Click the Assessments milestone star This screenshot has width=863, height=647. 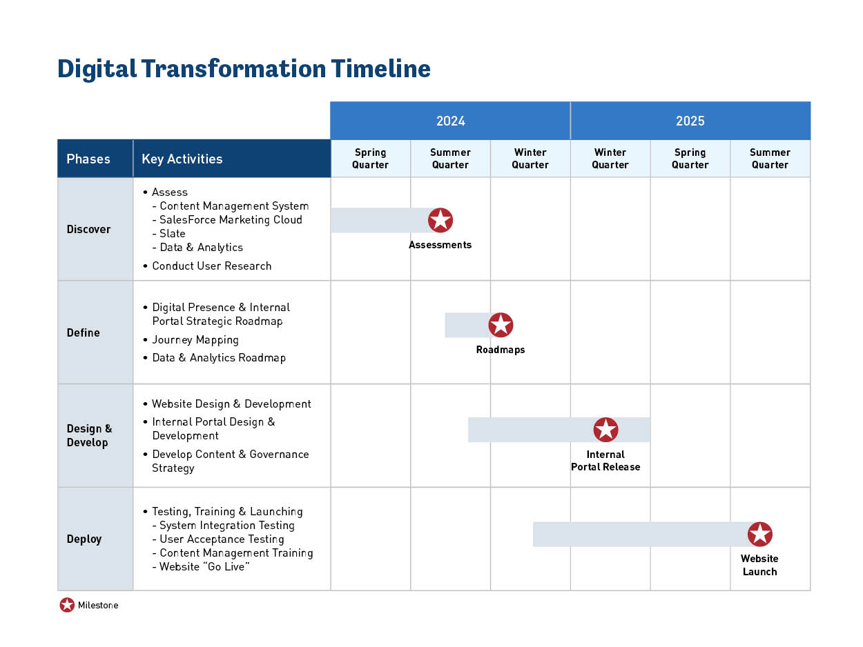coord(440,220)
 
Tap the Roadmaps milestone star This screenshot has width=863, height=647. coord(501,325)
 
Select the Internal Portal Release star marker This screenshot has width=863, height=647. coord(605,430)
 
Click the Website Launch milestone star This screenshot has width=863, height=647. coord(759,534)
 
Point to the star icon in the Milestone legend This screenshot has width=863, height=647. coord(67,605)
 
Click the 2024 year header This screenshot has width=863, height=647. coord(450,121)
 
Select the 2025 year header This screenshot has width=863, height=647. coord(690,121)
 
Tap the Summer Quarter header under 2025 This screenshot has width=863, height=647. coord(770,159)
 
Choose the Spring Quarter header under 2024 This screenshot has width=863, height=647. coord(371,159)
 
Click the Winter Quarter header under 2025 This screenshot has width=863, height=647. coord(610,159)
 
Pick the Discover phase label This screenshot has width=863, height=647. coord(88,229)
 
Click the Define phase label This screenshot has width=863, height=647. coord(84,332)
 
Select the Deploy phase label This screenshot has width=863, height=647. coord(84,539)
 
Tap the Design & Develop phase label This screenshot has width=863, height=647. coord(89,435)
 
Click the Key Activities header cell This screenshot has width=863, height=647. coord(182,159)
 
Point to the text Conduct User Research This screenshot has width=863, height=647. coord(211,266)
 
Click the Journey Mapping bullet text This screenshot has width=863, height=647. coord(195,339)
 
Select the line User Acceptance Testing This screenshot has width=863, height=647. coord(222,539)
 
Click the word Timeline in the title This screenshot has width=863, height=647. coord(380,69)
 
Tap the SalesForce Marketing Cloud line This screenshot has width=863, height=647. coord(231,219)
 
